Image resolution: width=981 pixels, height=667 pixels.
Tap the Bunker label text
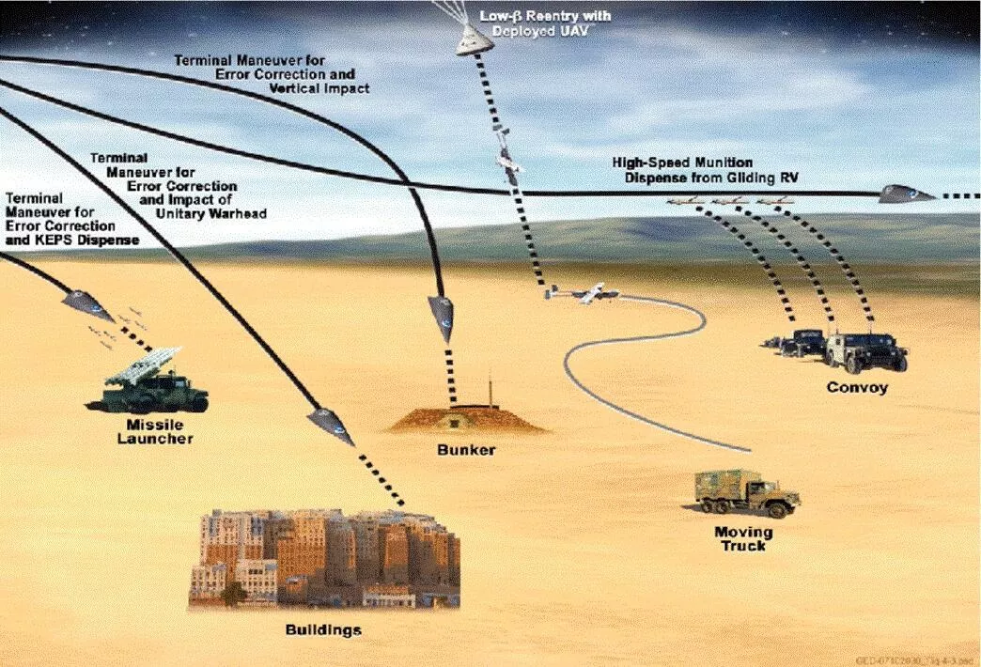tap(466, 450)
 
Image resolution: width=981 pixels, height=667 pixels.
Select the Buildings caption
tap(322, 628)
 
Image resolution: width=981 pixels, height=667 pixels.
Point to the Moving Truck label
tap(743, 538)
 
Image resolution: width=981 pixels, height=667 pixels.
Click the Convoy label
tap(856, 387)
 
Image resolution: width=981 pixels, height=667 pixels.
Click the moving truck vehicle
tap(746, 492)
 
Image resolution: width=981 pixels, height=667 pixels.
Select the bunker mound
tap(467, 419)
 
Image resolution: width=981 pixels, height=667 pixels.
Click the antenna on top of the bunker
tap(489, 390)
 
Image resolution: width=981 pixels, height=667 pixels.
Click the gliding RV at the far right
tap(904, 194)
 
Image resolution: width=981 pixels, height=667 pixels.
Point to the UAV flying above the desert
tap(584, 295)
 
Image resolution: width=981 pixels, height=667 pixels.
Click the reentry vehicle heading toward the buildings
tap(331, 426)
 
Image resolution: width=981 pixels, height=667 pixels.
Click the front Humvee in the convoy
tap(867, 351)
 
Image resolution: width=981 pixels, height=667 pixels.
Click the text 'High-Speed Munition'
tap(682, 163)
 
